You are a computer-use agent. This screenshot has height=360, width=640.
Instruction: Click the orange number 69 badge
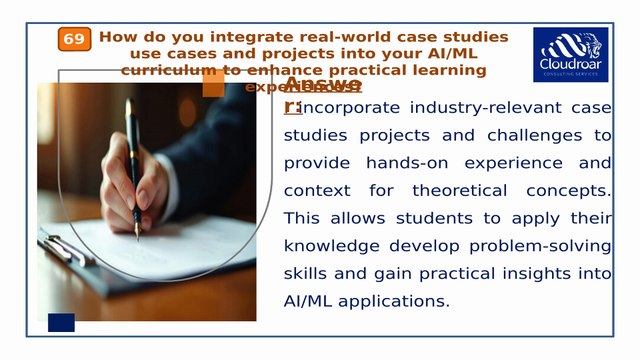click(x=74, y=39)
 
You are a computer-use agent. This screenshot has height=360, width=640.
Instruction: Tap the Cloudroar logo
click(x=570, y=54)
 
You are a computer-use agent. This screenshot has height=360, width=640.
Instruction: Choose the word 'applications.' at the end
click(x=389, y=301)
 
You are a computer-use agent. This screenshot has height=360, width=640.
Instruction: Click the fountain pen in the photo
click(x=133, y=160)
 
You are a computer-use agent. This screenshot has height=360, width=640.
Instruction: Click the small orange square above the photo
click(x=213, y=85)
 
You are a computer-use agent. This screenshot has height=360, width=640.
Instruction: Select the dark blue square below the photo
click(x=61, y=322)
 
